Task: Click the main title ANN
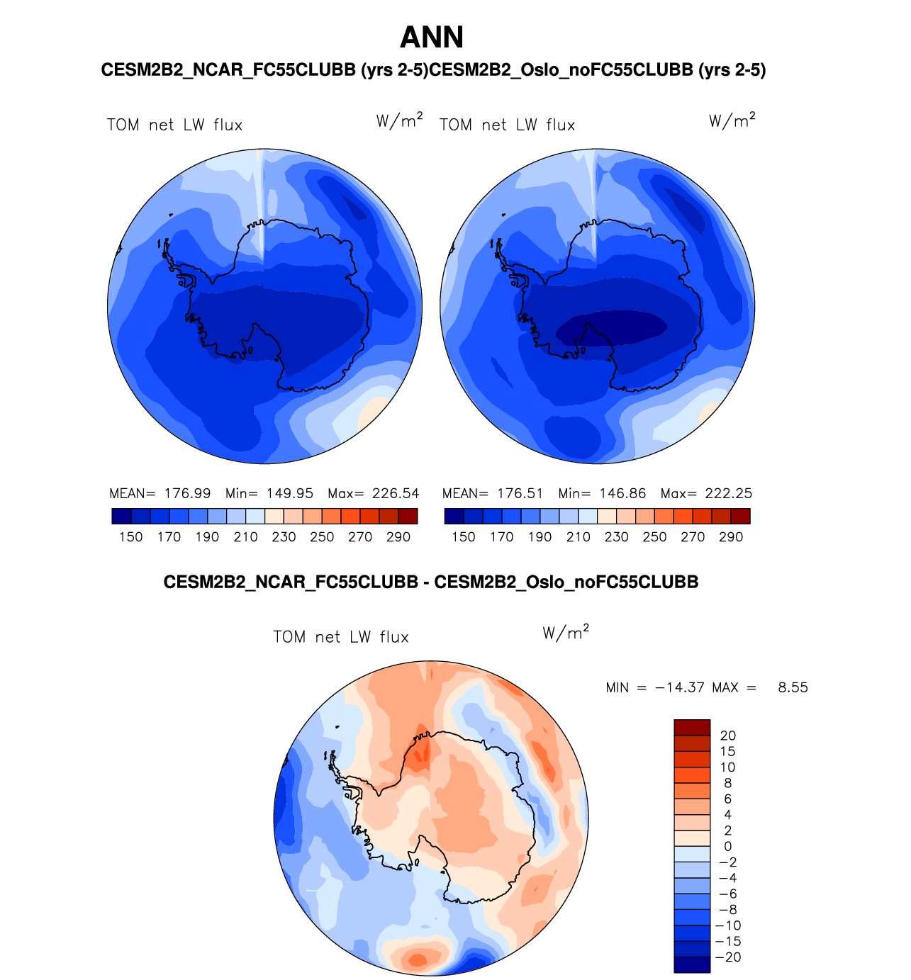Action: tap(432, 38)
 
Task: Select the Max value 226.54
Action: tap(396, 493)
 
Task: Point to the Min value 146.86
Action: tap(622, 493)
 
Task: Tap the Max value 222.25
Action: tap(728, 493)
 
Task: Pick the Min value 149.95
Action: tap(290, 493)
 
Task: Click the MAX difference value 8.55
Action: tap(793, 687)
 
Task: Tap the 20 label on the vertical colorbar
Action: tap(728, 736)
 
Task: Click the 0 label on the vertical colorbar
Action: tap(728, 846)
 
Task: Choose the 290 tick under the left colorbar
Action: tap(398, 537)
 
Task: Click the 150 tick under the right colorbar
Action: tap(464, 537)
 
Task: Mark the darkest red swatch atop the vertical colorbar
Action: tap(692, 728)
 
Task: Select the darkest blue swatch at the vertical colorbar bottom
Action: tap(692, 964)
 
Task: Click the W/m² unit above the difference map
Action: tap(566, 633)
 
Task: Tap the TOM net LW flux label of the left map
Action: tap(174, 125)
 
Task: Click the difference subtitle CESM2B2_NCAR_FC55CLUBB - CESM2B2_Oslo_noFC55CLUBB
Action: tap(431, 582)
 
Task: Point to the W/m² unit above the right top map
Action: tap(732, 120)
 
